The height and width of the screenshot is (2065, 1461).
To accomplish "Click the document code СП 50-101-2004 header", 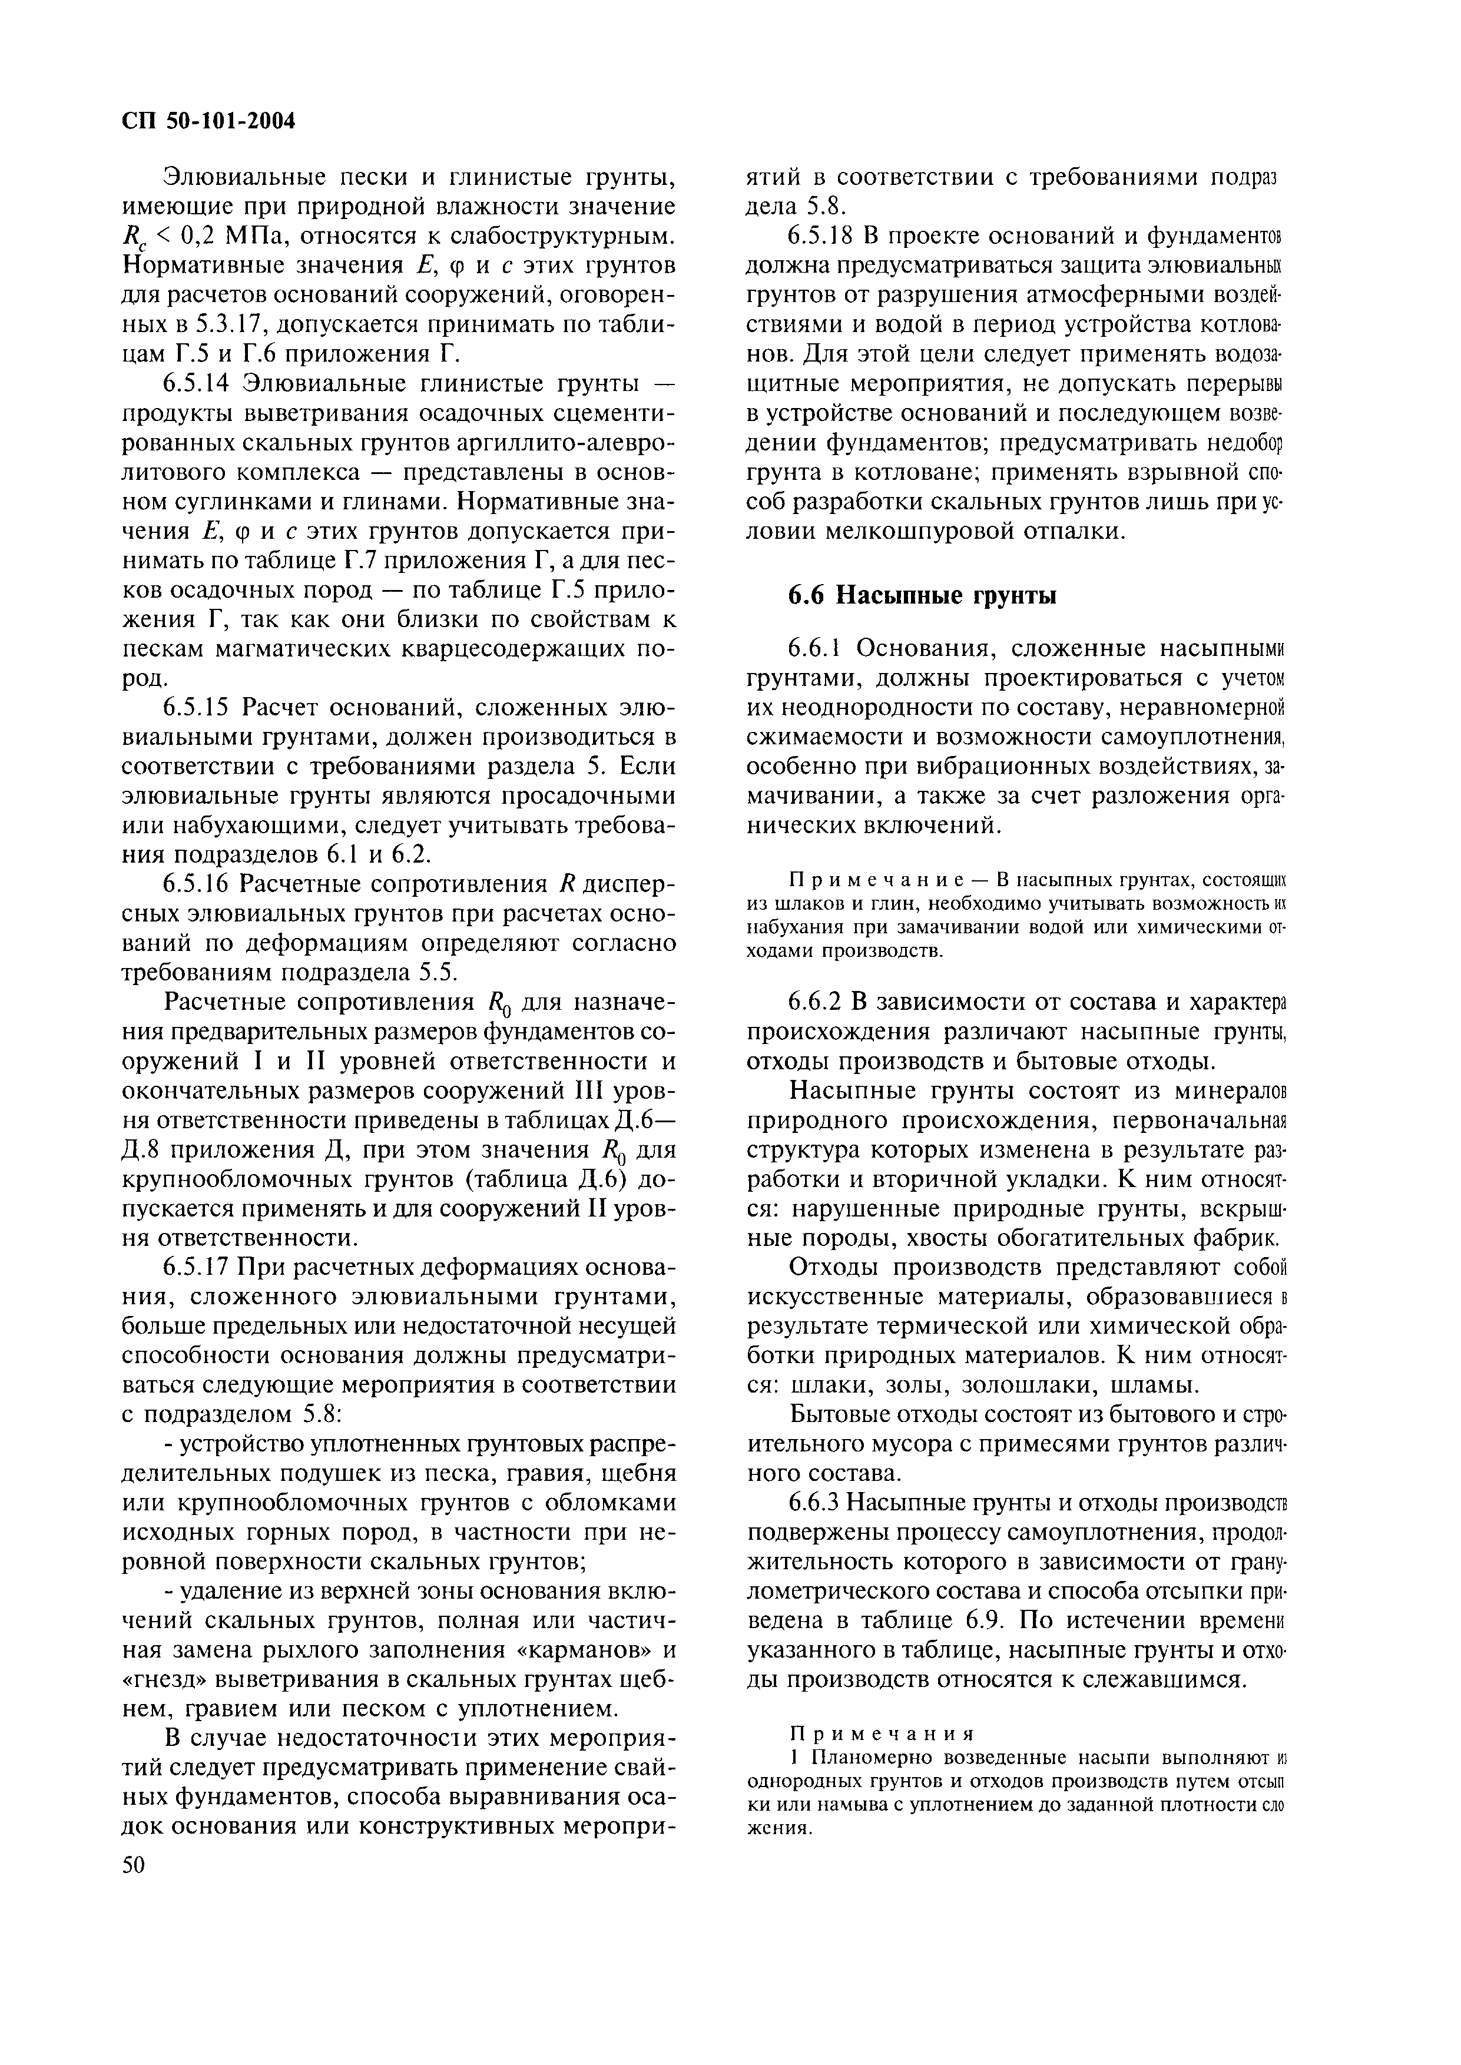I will tap(208, 121).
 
